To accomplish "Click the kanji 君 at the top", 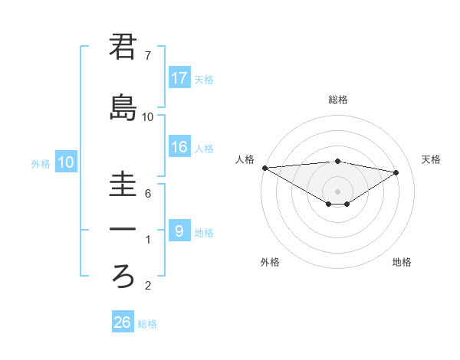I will pos(123,47).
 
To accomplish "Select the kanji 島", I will pos(123,107).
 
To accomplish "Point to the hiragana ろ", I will pos(123,274).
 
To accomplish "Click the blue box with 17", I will pos(179,78).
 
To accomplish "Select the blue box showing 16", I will pos(179,148).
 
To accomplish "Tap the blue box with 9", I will pos(179,231).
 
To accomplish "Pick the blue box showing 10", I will pos(66,162).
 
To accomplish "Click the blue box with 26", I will pos(123,322).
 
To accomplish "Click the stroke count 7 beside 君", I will pos(148,56).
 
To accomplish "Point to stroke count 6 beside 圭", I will pos(148,195).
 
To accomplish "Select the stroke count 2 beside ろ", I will pos(148,286).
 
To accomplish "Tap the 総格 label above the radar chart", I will pos(338,100).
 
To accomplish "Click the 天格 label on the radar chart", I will pos(432,159).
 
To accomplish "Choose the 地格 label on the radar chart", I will pos(402,262).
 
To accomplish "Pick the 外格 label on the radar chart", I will pos(270,262).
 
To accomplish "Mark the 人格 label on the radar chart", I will pos(245,159).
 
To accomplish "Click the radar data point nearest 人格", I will pos(264,167).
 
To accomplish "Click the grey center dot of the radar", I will pos(337,190).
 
